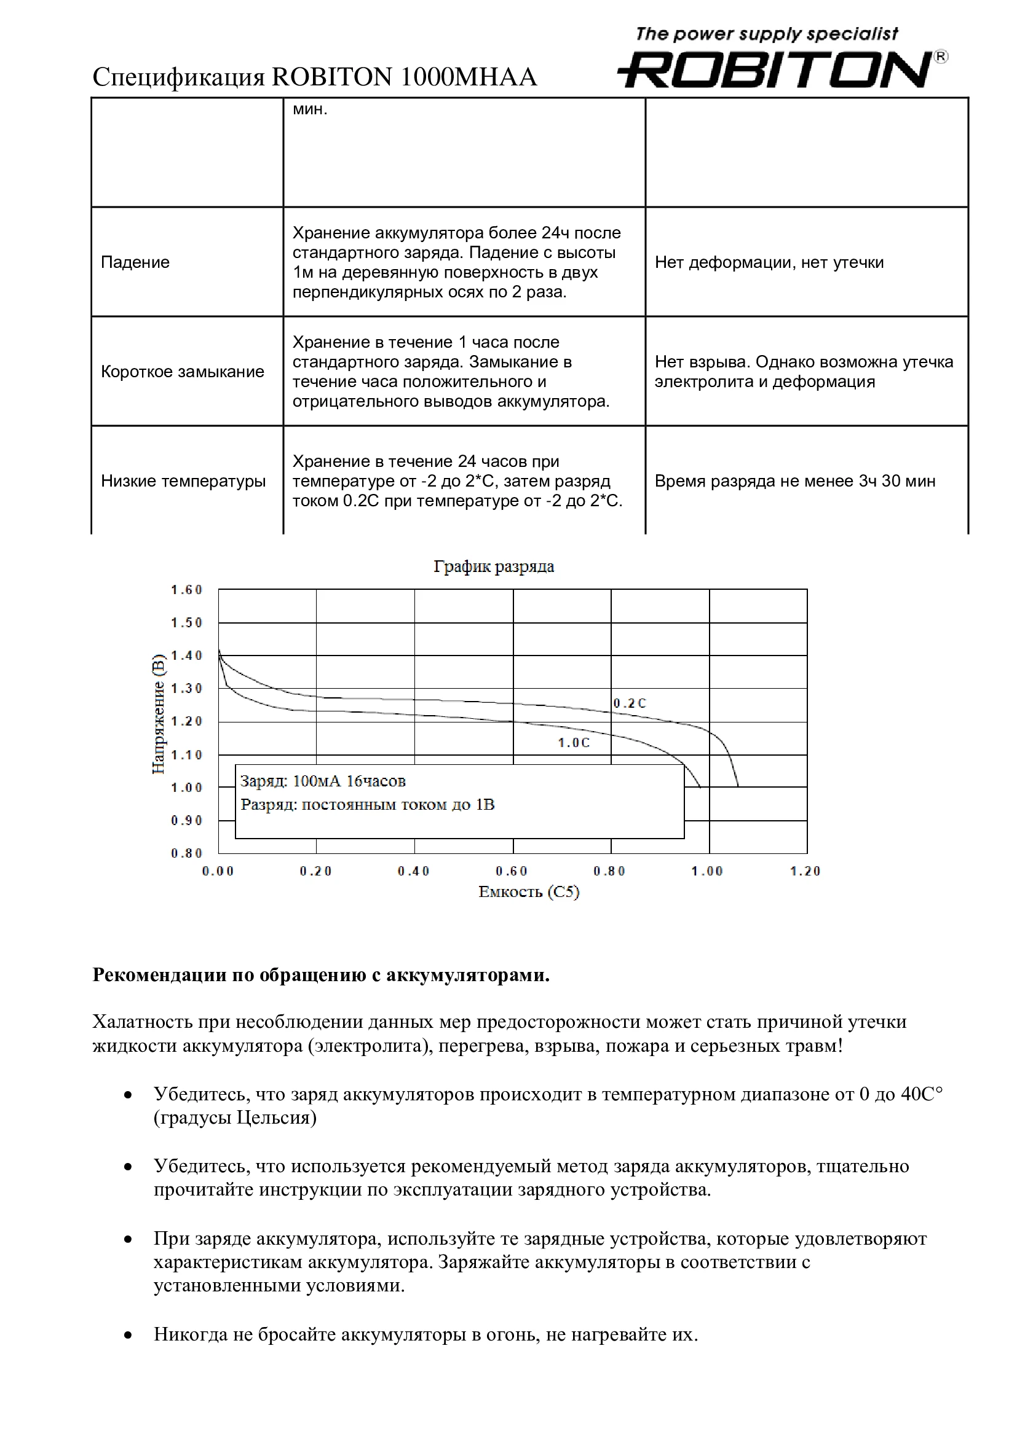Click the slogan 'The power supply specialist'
[x=767, y=34]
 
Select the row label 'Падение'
[x=135, y=262]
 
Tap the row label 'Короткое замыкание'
[x=182, y=372]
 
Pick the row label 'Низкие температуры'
[x=183, y=481]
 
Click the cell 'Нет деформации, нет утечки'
[x=769, y=262]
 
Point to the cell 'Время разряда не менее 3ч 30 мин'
[x=794, y=481]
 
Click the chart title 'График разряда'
[x=494, y=566]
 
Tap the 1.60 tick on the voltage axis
[x=187, y=590]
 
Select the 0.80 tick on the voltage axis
[x=187, y=853]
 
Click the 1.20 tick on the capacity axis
[x=805, y=871]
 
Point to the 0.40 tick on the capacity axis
[x=413, y=871]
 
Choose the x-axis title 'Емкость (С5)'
[x=529, y=892]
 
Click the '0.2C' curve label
[x=630, y=703]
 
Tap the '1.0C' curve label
[x=574, y=743]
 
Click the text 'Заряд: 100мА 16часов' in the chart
[x=323, y=781]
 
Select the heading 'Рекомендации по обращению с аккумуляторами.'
[x=320, y=975]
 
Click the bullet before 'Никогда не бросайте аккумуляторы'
[x=128, y=1334]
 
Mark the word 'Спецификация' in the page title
[x=178, y=77]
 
